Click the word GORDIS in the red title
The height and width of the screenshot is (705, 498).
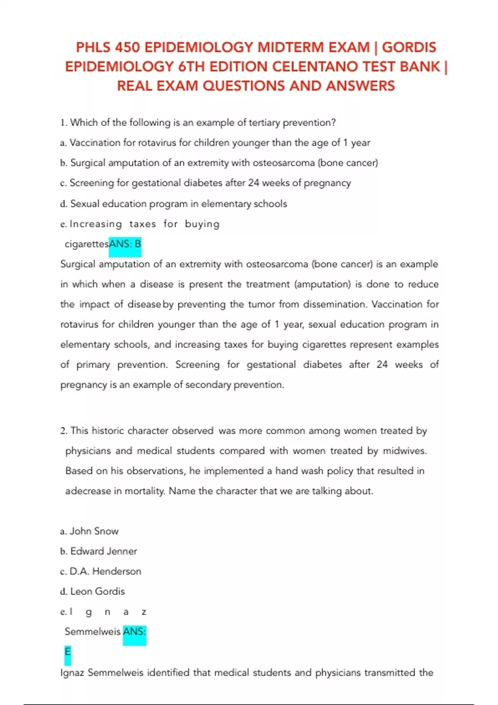[409, 47]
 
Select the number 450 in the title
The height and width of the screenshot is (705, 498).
[127, 47]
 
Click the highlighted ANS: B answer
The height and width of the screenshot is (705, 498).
[125, 244]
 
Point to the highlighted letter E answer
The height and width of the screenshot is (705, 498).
[68, 652]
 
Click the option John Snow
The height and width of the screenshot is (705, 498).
[94, 531]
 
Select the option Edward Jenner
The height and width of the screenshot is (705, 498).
[103, 551]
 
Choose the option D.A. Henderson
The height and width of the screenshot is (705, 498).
[105, 571]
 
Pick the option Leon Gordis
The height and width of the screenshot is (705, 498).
[98, 591]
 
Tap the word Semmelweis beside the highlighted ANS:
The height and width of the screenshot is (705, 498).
[93, 632]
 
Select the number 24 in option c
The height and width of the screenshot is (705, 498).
[254, 183]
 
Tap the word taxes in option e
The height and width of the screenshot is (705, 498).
[142, 224]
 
